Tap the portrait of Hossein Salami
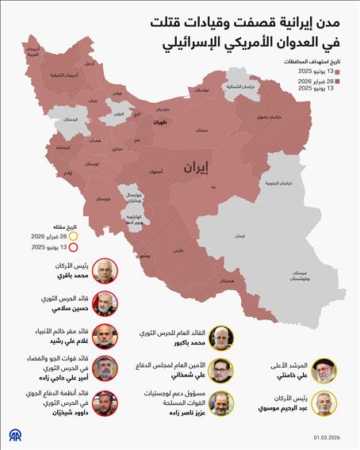[x=105, y=303]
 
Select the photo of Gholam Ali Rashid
[x=105, y=336]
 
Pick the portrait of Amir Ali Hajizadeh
[x=105, y=370]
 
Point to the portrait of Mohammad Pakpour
[x=224, y=336]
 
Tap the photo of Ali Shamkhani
[x=224, y=370]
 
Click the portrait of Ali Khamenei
[x=326, y=370]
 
